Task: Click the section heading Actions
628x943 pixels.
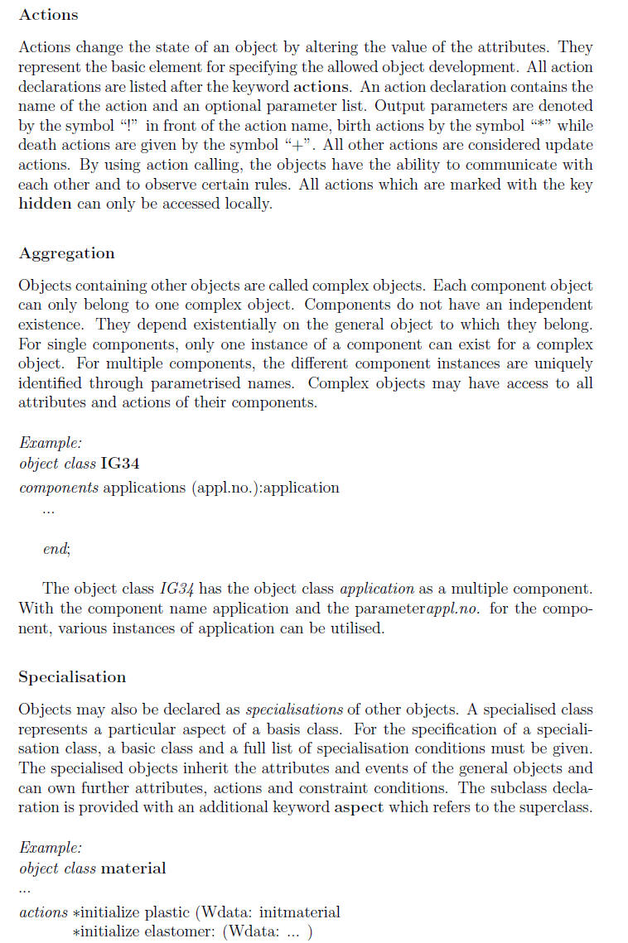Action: point(48,15)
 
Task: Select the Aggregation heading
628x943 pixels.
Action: point(66,253)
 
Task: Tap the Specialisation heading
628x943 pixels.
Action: point(72,677)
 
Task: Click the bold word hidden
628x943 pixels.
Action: point(44,204)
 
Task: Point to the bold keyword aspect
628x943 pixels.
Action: point(359,808)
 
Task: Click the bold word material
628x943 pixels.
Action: point(133,868)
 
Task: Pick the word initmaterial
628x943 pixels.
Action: point(299,912)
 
